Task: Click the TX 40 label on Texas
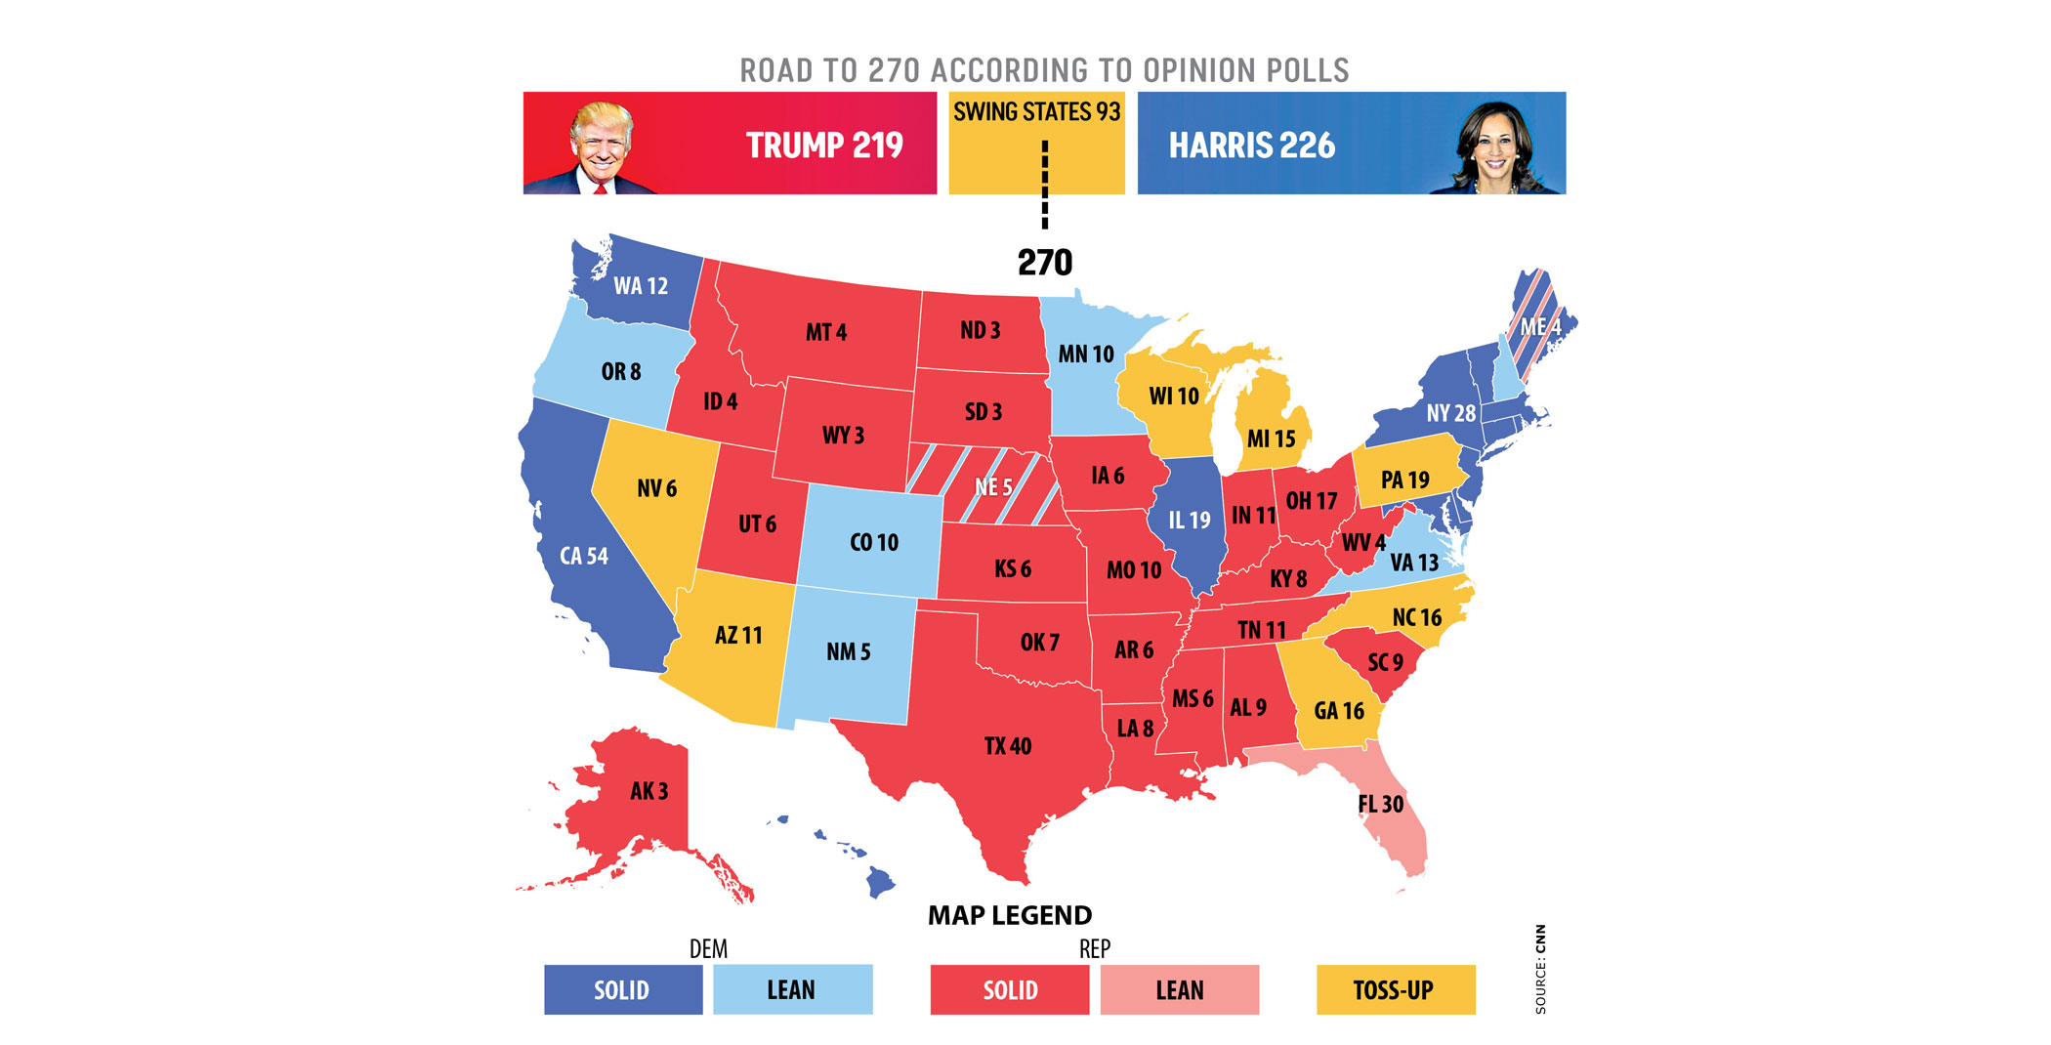pos(1007,746)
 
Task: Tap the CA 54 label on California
pos(583,556)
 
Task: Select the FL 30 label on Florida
pos(1380,804)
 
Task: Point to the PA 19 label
pos(1404,480)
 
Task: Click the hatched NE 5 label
pos(993,486)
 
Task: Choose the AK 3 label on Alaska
pos(649,791)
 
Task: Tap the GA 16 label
pos(1338,711)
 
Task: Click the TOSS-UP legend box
pos(1395,989)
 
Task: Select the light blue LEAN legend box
pos(791,989)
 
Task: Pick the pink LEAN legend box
pos(1179,989)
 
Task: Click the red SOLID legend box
pos(1009,989)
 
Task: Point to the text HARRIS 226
pos(1251,146)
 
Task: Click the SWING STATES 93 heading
pos(1036,112)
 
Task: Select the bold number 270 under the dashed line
pos(1044,262)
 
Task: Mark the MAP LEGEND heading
pos(1009,915)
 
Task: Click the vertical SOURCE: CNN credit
pos(1540,969)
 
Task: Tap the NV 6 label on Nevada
pos(656,488)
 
